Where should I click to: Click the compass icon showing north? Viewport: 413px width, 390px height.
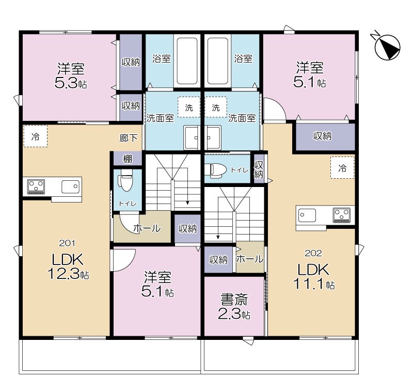tap(387, 45)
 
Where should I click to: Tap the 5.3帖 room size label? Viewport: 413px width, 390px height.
tap(71, 83)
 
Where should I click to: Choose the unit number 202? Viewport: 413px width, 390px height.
tap(312, 253)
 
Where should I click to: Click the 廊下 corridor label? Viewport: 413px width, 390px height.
tap(129, 138)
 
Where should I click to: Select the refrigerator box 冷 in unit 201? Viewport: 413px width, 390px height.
tap(35, 137)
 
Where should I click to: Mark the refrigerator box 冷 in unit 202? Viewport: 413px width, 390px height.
tap(342, 167)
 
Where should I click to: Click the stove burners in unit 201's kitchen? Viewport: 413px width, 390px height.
tap(35, 185)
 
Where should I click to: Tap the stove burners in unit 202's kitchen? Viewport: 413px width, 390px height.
tap(341, 214)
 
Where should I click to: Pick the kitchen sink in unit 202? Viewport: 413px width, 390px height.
tap(307, 214)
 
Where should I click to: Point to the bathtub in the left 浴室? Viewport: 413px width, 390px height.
tap(187, 61)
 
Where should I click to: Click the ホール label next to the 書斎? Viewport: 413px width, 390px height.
tap(249, 259)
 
